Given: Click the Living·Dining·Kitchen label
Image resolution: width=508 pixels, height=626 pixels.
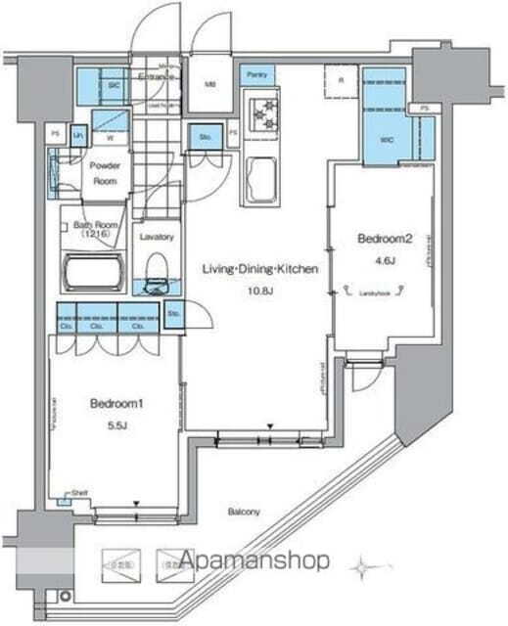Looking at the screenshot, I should [259, 268].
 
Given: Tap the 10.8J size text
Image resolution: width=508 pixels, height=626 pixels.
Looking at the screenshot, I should [260, 291].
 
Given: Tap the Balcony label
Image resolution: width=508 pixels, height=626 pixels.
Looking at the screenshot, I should [245, 512].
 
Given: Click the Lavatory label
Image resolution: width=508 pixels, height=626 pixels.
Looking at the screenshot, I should [156, 237].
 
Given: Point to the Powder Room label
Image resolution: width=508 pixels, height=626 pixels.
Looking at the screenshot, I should [105, 172].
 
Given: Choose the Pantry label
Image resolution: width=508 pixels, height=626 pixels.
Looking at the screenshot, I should [257, 74].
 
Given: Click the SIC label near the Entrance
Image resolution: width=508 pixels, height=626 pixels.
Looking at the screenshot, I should [114, 86].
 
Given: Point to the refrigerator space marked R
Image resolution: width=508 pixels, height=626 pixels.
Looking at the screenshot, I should [342, 81].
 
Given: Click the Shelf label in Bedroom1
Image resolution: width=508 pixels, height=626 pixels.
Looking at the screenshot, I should [78, 494].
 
